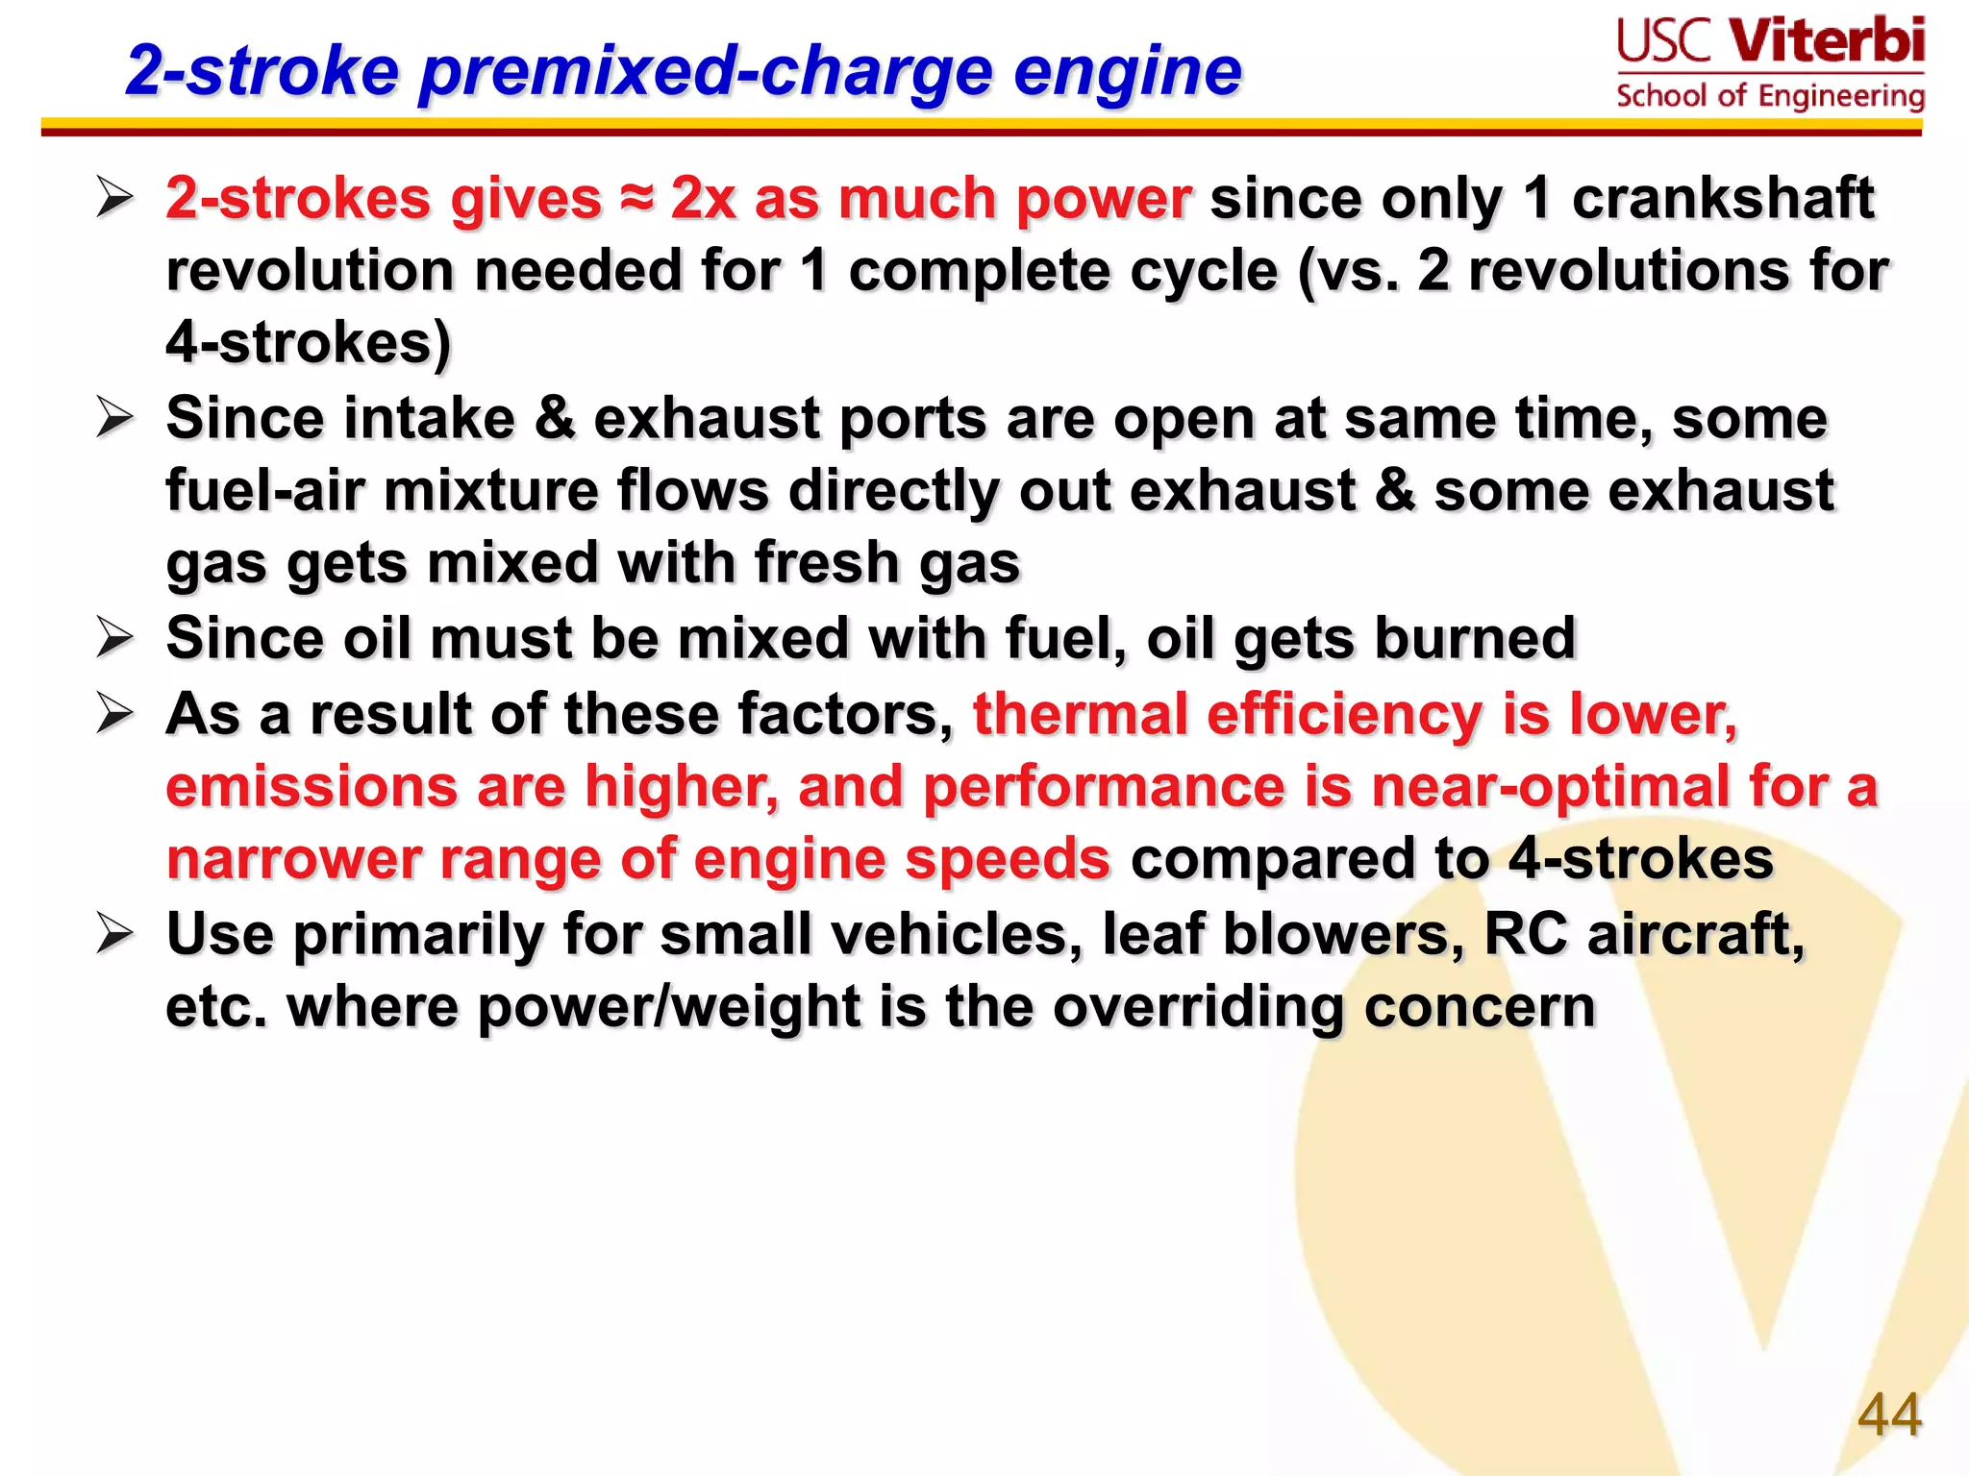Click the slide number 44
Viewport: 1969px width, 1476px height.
[x=1889, y=1414]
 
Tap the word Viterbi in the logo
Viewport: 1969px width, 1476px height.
[x=1827, y=41]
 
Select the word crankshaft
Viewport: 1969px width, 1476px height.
[x=1723, y=199]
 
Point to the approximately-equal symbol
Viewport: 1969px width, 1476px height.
[x=636, y=199]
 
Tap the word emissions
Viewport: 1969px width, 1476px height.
[x=311, y=787]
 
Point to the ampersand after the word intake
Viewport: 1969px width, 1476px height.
[x=555, y=419]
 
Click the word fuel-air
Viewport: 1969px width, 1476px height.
[x=264, y=491]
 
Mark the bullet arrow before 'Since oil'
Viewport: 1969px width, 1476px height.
[x=114, y=638]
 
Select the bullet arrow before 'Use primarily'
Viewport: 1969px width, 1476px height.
[x=114, y=934]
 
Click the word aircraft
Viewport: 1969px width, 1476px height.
[x=1696, y=934]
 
